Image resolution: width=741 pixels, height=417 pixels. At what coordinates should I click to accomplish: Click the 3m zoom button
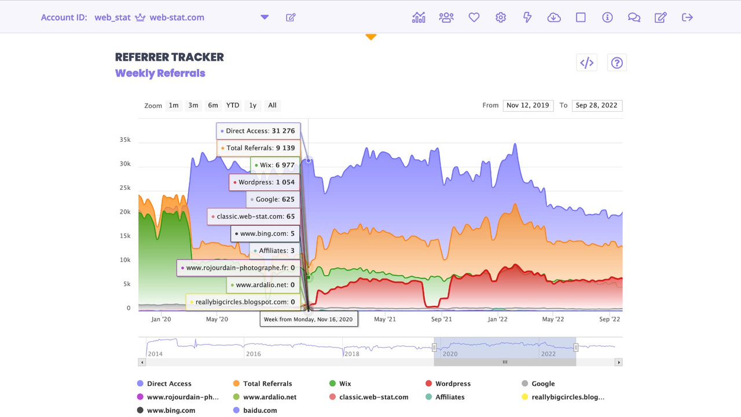193,105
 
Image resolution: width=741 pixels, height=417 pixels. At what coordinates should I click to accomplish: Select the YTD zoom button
233,105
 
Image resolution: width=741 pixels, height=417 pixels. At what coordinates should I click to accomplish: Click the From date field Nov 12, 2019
528,105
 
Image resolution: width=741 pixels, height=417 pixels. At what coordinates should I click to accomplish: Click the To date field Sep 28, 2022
597,105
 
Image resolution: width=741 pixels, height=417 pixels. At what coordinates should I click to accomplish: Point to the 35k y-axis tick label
125,140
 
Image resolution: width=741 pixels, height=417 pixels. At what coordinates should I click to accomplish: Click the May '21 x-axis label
385,319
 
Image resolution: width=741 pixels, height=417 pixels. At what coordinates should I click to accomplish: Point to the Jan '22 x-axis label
497,319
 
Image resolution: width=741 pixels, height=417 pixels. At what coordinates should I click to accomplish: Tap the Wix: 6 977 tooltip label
276,165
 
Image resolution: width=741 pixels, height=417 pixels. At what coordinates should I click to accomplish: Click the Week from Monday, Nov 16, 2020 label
309,319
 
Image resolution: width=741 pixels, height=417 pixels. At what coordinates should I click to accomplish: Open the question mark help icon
617,63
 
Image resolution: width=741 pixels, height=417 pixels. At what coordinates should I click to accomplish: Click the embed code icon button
586,63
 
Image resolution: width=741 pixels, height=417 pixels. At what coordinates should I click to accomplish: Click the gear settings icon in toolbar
501,17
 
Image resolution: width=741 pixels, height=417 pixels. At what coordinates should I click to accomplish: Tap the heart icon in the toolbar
474,17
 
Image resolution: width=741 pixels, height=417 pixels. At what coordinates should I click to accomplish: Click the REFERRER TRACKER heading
170,57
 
